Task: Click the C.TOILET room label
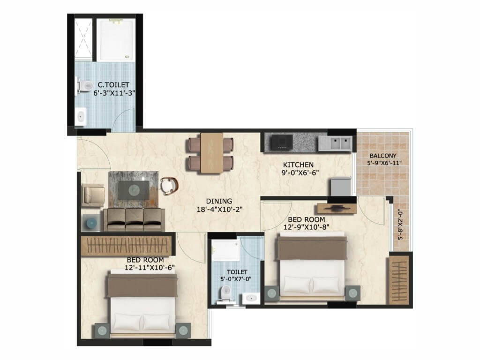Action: click(113, 84)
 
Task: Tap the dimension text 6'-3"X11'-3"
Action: click(114, 93)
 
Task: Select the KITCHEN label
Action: click(298, 165)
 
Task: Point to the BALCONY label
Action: click(383, 156)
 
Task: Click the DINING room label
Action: click(219, 201)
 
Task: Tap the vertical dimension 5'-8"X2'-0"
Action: click(400, 225)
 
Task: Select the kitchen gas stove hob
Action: click(281, 142)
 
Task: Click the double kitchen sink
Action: click(335, 143)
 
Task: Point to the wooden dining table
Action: click(211, 153)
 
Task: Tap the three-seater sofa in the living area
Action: click(134, 219)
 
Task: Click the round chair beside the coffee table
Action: click(169, 186)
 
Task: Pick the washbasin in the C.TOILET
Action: click(81, 117)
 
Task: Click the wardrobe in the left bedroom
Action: click(127, 246)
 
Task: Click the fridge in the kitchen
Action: click(341, 187)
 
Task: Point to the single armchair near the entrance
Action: click(94, 195)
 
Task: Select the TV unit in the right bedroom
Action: click(337, 209)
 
